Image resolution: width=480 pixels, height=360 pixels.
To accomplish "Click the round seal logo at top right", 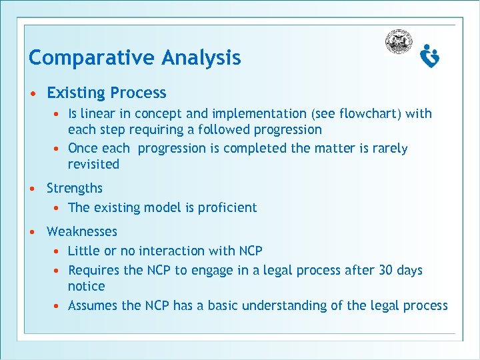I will tap(399, 42).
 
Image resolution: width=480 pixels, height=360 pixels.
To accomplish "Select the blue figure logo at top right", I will tap(430, 57).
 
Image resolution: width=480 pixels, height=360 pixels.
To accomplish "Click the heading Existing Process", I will tap(107, 93).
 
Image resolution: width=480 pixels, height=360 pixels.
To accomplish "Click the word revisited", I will tap(93, 164).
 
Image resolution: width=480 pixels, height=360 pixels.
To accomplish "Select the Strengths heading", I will tap(75, 188).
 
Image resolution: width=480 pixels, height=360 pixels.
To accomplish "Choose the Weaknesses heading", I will tap(82, 231).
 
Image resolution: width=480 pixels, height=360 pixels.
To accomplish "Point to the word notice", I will tap(87, 286).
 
